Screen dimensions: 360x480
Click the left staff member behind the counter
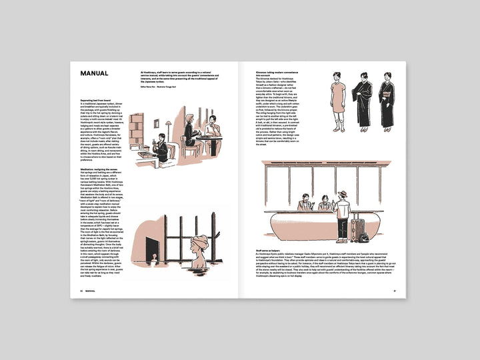coord(305,202)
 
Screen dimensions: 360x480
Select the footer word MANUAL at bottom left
coord(91,291)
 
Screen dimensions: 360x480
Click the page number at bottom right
coord(395,291)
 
